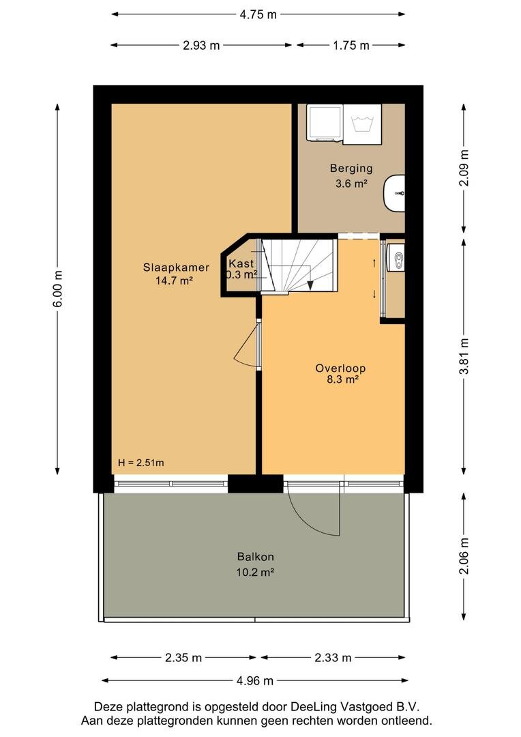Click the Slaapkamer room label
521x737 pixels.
176,268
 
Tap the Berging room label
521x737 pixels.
351,168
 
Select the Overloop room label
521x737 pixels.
340,368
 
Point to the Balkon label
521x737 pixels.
255,557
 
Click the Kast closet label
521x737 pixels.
241,263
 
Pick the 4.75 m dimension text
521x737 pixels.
258,14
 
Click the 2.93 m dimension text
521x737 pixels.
201,46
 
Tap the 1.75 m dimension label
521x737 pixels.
351,46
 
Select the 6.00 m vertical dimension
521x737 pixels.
57,289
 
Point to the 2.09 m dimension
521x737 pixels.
464,168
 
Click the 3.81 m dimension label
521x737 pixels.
464,356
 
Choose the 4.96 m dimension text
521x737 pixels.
254,680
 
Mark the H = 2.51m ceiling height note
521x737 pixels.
141,463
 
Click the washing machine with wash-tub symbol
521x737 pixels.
362,125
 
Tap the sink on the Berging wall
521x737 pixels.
395,193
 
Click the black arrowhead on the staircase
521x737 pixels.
310,285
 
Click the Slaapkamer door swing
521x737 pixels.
245,345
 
